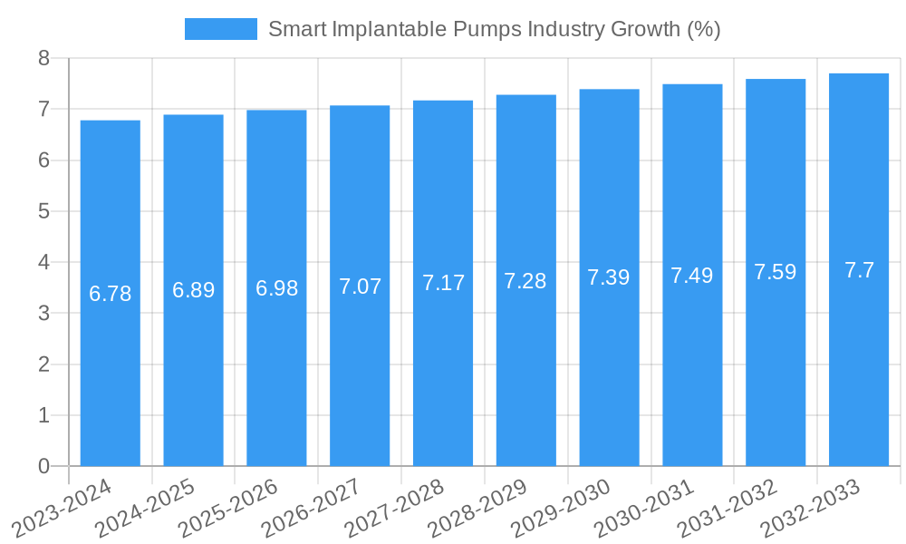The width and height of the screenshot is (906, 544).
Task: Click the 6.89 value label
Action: pyautogui.click(x=194, y=290)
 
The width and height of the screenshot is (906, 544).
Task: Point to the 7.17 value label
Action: pyautogui.click(x=443, y=283)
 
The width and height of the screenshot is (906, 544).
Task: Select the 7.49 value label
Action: pyautogui.click(x=692, y=276)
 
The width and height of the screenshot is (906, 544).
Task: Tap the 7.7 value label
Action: pyautogui.click(x=859, y=270)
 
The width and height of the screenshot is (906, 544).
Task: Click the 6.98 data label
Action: pyautogui.click(x=276, y=288)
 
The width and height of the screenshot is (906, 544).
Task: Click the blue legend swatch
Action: pyautogui.click(x=220, y=29)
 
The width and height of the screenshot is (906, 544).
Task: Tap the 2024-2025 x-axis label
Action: pyautogui.click(x=145, y=508)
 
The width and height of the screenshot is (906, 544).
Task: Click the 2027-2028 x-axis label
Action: pyautogui.click(x=394, y=508)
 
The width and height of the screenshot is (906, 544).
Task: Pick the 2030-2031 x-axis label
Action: pyautogui.click(x=643, y=508)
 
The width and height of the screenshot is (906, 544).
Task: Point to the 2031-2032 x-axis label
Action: pyautogui.click(x=727, y=508)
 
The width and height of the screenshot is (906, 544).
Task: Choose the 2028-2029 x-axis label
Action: pyautogui.click(x=477, y=508)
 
